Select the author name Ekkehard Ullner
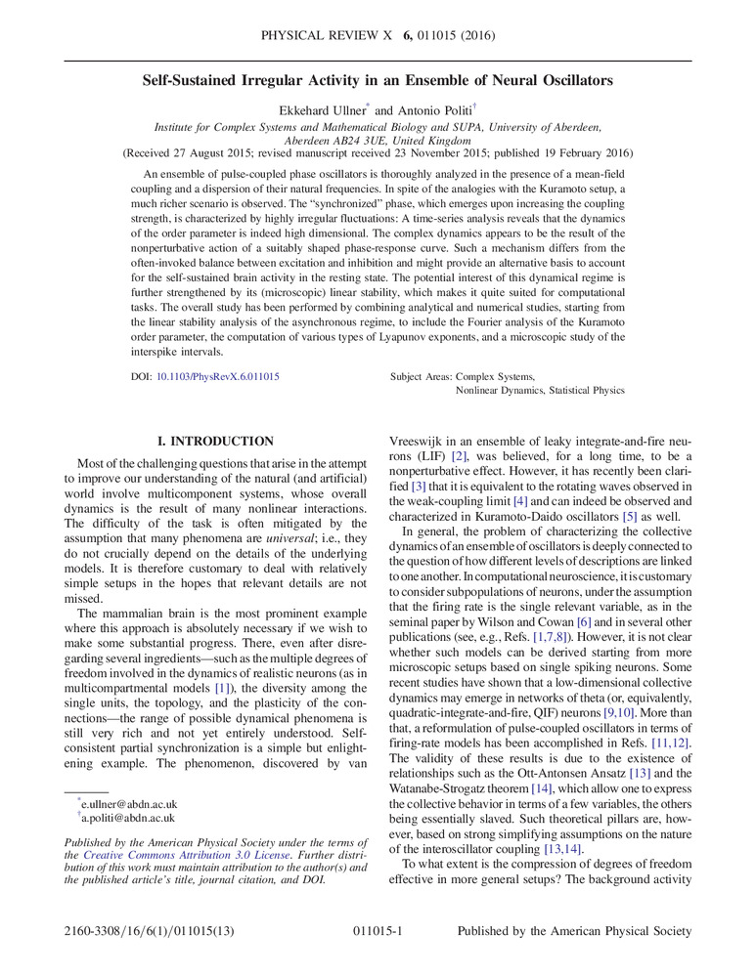click(314, 109)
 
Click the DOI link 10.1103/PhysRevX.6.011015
click(218, 375)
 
